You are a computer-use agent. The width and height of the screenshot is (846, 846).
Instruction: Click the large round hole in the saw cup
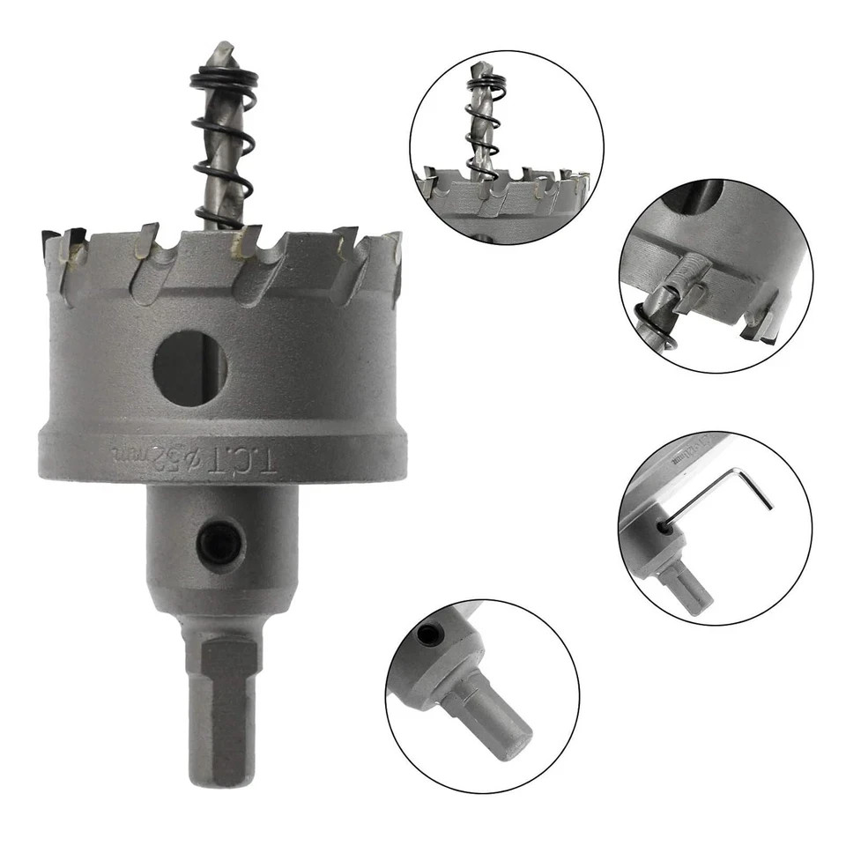pos(189,367)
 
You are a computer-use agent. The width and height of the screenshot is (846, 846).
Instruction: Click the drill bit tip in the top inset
pos(480,69)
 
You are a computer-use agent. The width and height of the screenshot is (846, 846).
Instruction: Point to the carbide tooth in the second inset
pos(760,326)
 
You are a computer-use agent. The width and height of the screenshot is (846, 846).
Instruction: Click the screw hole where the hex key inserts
pos(662,527)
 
